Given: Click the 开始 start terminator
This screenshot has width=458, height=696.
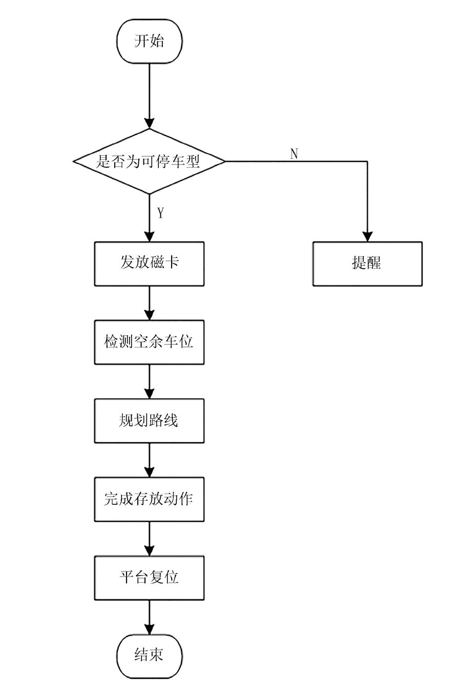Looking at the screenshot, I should point(149,42).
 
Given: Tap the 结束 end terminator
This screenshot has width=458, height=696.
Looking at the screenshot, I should point(149,656).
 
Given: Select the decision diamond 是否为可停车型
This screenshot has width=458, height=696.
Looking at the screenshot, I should point(149,161).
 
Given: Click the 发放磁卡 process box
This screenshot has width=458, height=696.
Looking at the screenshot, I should point(149,263).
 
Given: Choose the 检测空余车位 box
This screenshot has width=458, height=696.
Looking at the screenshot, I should point(149,342).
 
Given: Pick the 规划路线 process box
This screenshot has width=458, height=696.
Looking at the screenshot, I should point(149,421).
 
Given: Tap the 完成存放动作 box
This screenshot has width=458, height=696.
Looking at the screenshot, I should point(149,499).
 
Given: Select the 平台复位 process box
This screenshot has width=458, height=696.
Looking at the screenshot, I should point(149,578).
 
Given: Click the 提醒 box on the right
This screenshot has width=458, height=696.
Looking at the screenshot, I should point(367,263).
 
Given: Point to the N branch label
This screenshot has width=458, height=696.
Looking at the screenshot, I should point(294,154).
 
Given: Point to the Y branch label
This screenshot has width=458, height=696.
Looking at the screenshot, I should point(160,213).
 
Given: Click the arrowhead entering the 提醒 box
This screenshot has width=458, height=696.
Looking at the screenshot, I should point(367,237).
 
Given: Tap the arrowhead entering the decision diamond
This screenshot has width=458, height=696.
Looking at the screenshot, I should point(149,124).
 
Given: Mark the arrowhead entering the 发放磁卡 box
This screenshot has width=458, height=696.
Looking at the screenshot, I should point(149,237).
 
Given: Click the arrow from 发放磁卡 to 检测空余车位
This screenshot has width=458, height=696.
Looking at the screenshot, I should point(149,303).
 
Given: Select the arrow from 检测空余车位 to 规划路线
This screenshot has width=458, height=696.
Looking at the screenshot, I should point(149,381).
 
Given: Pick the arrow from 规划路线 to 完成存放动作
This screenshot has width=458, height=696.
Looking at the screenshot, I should point(149,460).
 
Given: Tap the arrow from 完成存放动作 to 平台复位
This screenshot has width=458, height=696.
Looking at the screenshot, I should point(149,538).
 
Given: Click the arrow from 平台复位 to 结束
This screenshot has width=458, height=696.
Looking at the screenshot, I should point(149,617).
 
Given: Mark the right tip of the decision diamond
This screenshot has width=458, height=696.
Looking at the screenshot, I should point(224,161).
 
